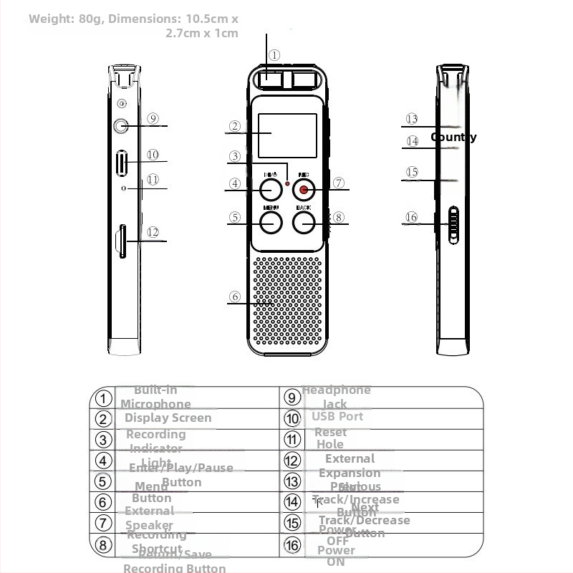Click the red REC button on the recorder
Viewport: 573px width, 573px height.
(304, 189)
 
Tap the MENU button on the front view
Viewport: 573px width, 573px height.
(270, 222)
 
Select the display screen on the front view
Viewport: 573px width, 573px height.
(287, 135)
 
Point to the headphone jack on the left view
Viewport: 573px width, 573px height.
(120, 126)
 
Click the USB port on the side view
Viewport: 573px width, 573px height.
(122, 163)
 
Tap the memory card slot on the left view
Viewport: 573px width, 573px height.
(122, 241)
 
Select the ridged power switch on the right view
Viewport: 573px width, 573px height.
(453, 226)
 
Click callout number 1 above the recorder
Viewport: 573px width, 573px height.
(274, 55)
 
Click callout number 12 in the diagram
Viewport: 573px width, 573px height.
(153, 232)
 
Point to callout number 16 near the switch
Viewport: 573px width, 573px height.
(411, 217)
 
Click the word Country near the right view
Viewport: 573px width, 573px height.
(453, 137)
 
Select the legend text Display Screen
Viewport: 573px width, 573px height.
(168, 418)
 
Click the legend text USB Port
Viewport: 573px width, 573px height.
(337, 416)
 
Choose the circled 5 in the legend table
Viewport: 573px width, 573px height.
(104, 481)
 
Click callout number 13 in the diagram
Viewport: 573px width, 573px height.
(411, 119)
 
